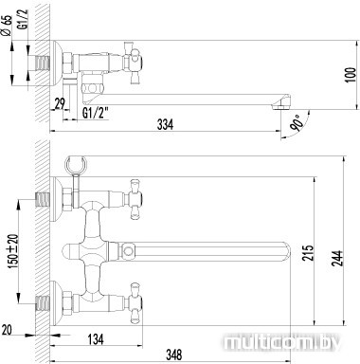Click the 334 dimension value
click(x=166, y=124)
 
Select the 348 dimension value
click(x=173, y=355)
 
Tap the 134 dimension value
click(x=96, y=339)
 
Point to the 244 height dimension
click(x=337, y=259)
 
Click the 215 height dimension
click(x=308, y=252)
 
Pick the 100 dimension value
click(x=351, y=75)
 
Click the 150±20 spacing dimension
click(x=13, y=252)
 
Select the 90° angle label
click(x=297, y=123)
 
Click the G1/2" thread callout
click(x=96, y=113)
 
